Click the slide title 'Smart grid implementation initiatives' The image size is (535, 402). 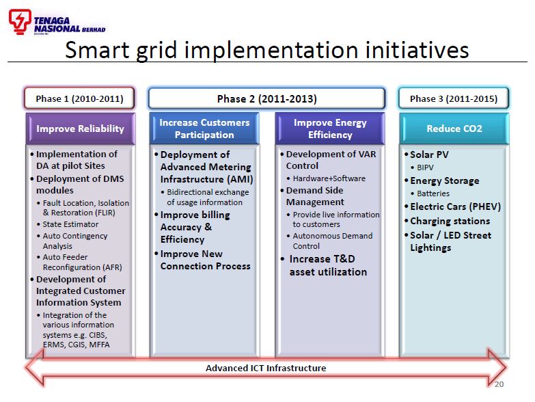coord(266,50)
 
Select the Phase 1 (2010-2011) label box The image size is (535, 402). coord(79,98)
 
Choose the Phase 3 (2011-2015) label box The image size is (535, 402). coord(453,98)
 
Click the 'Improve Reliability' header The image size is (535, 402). coord(80,129)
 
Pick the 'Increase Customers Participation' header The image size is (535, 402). coord(204,129)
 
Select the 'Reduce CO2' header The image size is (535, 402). coord(454,129)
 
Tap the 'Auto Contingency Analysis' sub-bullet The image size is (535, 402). coord(74,241)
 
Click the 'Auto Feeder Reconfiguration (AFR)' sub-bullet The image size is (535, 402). coord(81,262)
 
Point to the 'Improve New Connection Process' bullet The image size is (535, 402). coord(205,260)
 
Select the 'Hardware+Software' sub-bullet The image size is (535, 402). coord(329,178)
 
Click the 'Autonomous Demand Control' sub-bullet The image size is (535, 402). coord(332,241)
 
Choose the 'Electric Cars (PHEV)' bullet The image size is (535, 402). coord(455,206)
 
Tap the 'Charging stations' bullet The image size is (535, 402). coord(450,221)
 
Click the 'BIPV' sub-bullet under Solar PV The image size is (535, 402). coord(425,167)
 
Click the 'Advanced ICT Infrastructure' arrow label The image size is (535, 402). coord(266,368)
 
